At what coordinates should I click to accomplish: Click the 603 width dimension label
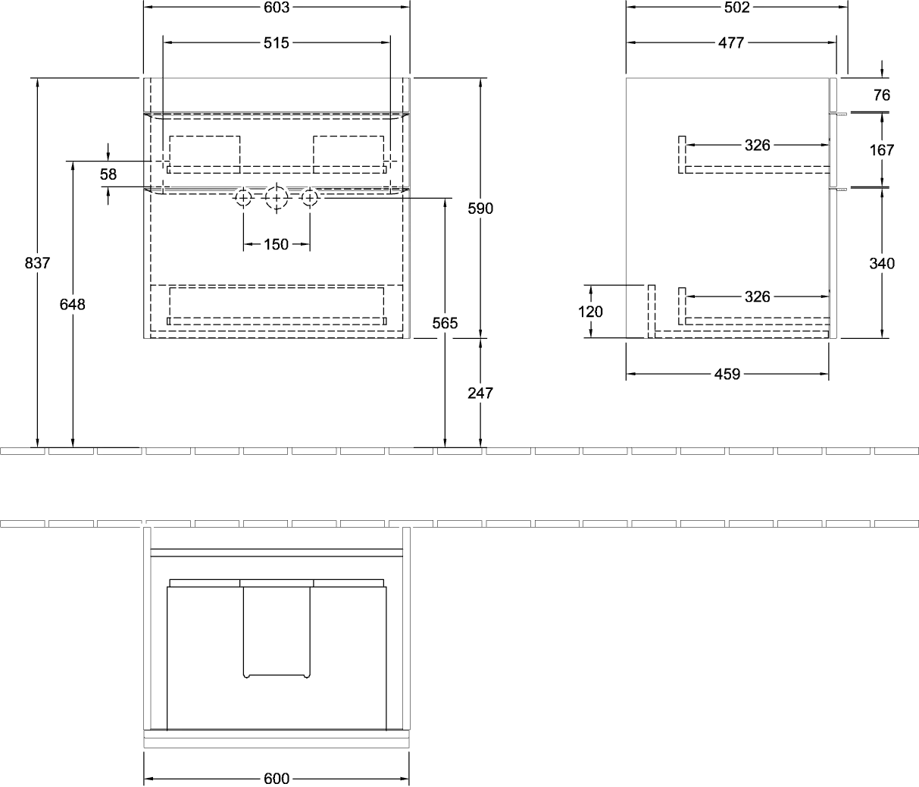coord(276,7)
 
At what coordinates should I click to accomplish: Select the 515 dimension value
coord(276,42)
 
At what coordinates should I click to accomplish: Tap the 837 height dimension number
coord(37,263)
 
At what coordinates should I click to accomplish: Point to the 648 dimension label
coord(73,304)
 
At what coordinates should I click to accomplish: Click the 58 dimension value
coord(108,174)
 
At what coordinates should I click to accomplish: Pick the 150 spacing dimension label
coord(276,244)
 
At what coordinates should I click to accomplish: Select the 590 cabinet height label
coord(480,209)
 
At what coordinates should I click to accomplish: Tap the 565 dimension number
coord(445,323)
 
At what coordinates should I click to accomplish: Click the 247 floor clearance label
coord(480,393)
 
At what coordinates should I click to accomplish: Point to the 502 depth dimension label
coord(736,7)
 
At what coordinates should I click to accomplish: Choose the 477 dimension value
coord(731,42)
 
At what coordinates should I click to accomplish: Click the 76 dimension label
coord(882,95)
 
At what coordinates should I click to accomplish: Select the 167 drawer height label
coord(882,150)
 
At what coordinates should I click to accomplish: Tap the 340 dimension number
coord(882,263)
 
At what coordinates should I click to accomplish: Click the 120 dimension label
coord(590,312)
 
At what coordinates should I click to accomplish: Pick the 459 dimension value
coord(727,374)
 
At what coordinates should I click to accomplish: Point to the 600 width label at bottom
coord(276,779)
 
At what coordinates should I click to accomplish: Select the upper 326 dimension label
coord(757,145)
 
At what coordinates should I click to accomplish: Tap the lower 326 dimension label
coord(757,296)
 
